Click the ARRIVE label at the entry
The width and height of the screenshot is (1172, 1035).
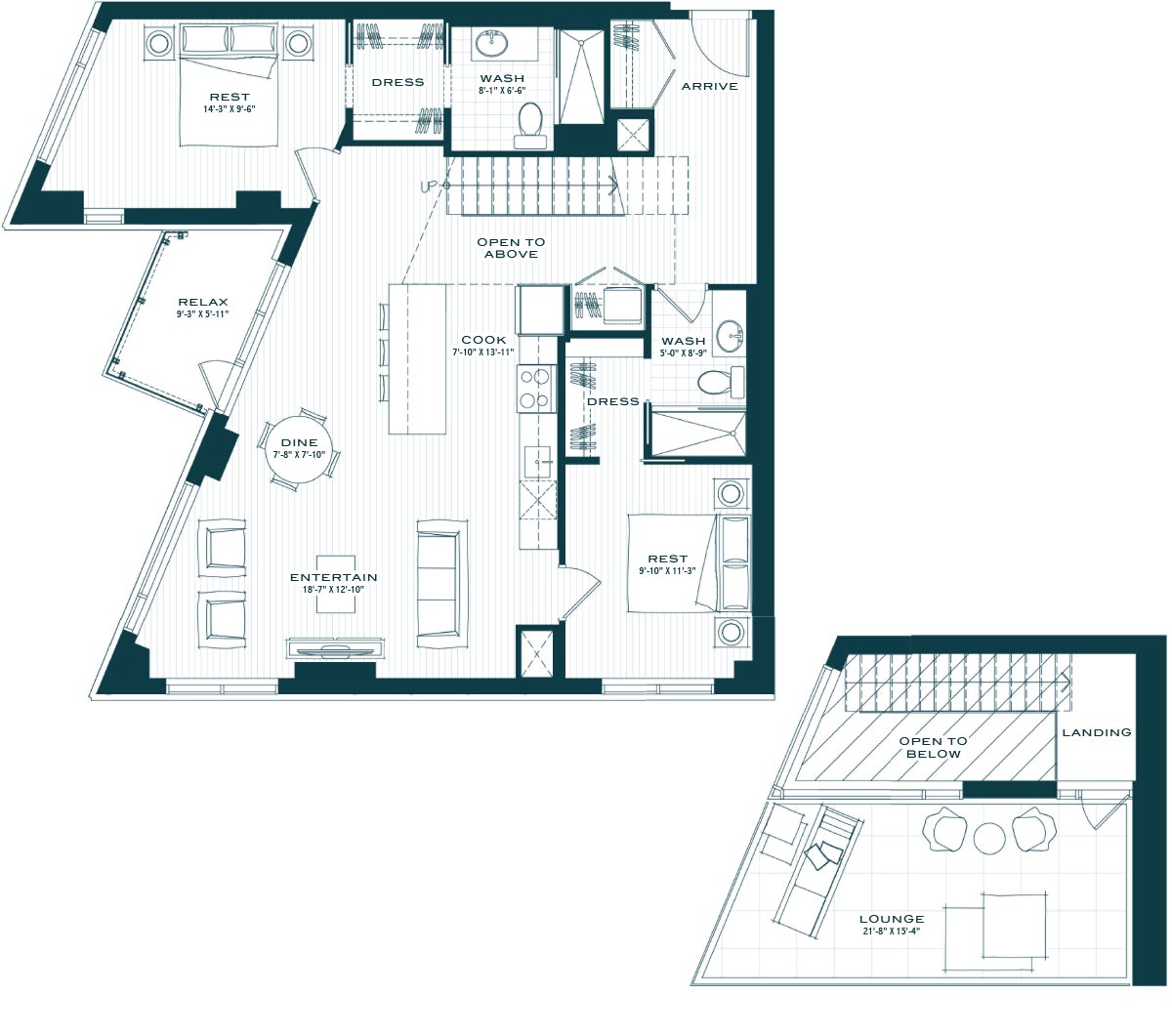point(709,86)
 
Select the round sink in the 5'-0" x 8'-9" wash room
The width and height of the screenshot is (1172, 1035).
point(730,335)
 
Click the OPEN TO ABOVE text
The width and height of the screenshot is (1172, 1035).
point(511,248)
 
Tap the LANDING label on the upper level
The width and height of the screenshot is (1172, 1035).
point(1096,732)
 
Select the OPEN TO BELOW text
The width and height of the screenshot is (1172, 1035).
point(933,748)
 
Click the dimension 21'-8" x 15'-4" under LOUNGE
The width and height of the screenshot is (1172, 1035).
point(891,931)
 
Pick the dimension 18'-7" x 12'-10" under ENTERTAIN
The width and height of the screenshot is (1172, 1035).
point(333,590)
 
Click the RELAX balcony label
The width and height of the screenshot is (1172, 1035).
point(203,302)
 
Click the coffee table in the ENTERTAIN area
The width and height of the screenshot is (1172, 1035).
point(336,584)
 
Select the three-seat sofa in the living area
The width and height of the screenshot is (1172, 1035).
point(441,584)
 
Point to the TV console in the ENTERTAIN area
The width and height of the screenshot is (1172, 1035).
point(335,647)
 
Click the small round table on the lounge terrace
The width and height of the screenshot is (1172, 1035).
point(989,839)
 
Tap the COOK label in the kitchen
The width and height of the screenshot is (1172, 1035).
point(483,340)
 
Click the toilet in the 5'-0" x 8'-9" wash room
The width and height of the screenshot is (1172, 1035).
point(721,382)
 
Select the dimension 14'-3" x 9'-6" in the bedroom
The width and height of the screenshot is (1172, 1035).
point(230,108)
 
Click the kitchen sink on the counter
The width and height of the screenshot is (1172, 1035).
point(537,462)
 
